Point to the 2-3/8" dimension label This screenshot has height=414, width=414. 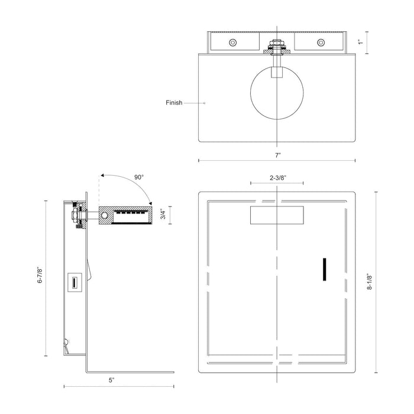(277, 177)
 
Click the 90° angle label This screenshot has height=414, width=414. (139, 177)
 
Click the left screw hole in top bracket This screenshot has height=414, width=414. (233, 42)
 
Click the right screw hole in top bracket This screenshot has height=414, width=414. (321, 42)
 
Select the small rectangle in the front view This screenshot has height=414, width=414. (277, 215)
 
